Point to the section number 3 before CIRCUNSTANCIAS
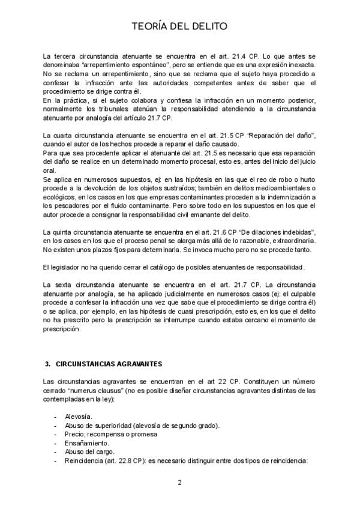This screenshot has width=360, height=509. pyautogui.click(x=47, y=364)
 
